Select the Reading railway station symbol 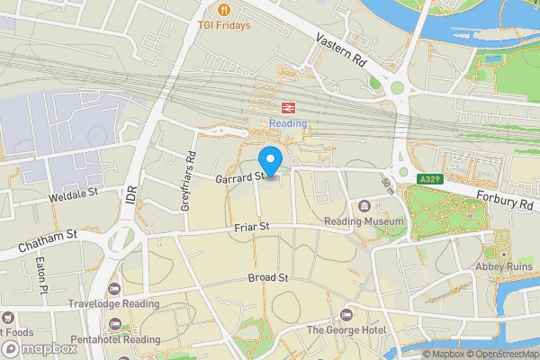(x=288, y=104)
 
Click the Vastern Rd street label (x=339, y=50)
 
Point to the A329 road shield (x=429, y=180)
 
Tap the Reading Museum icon (x=364, y=206)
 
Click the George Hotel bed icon (x=346, y=315)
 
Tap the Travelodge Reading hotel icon (x=113, y=289)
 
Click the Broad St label (x=267, y=278)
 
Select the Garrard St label (x=238, y=178)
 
